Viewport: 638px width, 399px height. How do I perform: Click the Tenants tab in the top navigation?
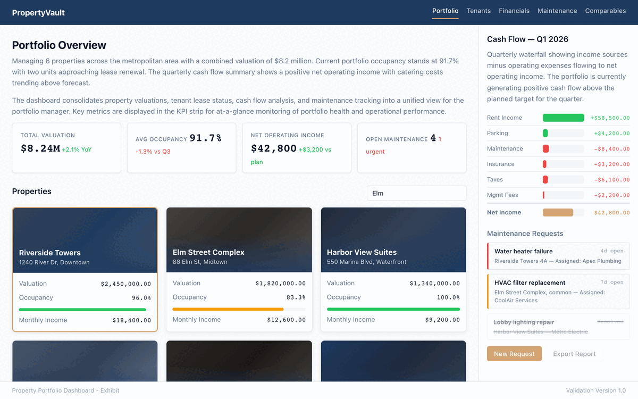click(478, 11)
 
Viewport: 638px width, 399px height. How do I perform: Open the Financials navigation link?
click(514, 11)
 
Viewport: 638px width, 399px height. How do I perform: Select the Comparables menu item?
click(605, 11)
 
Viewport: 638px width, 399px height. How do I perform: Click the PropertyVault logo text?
click(38, 13)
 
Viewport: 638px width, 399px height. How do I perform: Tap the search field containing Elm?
click(416, 193)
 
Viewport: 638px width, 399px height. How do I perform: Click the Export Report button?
click(574, 354)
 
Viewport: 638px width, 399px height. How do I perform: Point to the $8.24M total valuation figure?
click(40, 149)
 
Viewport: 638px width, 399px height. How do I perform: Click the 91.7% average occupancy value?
click(205, 138)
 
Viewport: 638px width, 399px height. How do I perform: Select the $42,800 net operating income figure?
click(273, 149)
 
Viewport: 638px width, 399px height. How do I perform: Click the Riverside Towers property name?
click(50, 253)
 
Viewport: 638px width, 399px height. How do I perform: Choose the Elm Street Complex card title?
click(208, 252)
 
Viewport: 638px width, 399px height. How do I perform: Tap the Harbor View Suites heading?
click(362, 252)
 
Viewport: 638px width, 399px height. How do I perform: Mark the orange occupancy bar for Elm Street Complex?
click(228, 309)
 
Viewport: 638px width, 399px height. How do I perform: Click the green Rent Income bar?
click(563, 118)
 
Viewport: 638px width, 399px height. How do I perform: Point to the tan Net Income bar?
click(558, 212)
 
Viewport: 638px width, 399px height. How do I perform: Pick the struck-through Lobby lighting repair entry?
click(524, 322)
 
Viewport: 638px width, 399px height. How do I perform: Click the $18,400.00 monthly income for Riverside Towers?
click(131, 320)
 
